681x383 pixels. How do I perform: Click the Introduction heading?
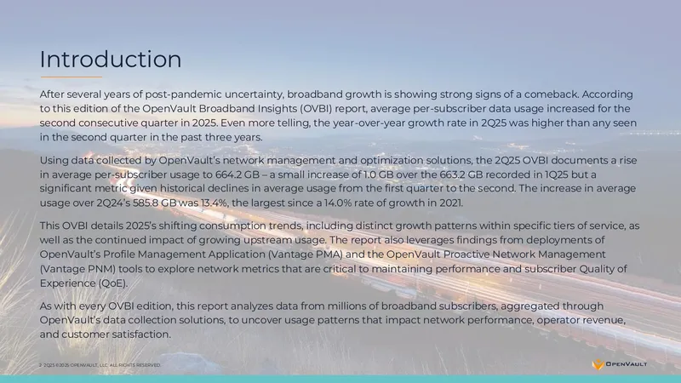(x=111, y=59)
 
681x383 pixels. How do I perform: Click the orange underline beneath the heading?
(x=72, y=77)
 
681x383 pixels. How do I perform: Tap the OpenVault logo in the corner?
(x=620, y=364)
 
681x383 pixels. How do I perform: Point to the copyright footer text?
(x=100, y=365)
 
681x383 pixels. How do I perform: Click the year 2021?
(x=453, y=203)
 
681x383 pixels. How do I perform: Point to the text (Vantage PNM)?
(x=77, y=269)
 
